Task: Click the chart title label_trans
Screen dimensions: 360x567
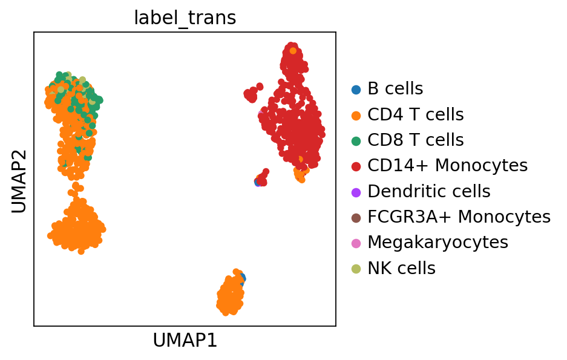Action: click(x=185, y=18)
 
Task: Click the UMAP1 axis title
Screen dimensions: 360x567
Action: click(x=185, y=341)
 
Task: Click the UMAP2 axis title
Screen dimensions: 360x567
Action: click(x=19, y=179)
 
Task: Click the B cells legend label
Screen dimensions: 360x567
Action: click(x=395, y=89)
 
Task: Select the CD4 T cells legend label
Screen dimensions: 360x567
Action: click(x=415, y=114)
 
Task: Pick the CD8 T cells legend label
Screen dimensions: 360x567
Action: click(x=415, y=140)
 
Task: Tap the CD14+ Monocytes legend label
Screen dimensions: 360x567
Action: click(x=447, y=166)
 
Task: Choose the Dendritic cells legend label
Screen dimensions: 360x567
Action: click(x=428, y=192)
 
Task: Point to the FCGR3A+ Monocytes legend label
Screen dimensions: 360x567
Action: click(x=459, y=217)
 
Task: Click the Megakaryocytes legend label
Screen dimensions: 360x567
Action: click(x=438, y=243)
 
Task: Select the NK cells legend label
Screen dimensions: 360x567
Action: click(x=401, y=268)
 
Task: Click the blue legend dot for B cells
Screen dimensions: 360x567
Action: click(x=356, y=90)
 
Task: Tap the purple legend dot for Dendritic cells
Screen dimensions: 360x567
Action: click(x=356, y=192)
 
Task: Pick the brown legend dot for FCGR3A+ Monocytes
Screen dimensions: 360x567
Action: click(x=356, y=217)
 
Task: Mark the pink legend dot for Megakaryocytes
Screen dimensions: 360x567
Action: click(x=356, y=243)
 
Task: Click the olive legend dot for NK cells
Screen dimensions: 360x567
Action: click(x=356, y=269)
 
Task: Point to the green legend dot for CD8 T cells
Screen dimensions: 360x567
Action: click(x=356, y=140)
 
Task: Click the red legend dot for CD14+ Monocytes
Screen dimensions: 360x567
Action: click(x=356, y=166)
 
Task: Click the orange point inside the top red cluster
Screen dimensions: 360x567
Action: click(x=293, y=51)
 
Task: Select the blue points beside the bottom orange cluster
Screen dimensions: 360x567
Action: click(x=241, y=278)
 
